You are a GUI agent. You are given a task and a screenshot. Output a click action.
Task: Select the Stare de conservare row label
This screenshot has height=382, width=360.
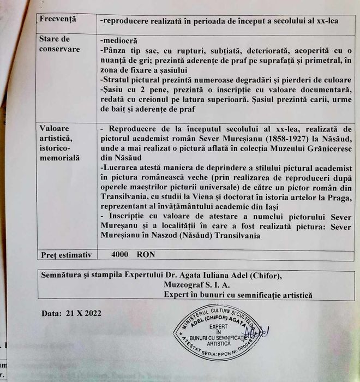click(59, 44)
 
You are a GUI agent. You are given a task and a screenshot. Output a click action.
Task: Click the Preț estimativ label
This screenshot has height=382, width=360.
click(66, 255)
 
